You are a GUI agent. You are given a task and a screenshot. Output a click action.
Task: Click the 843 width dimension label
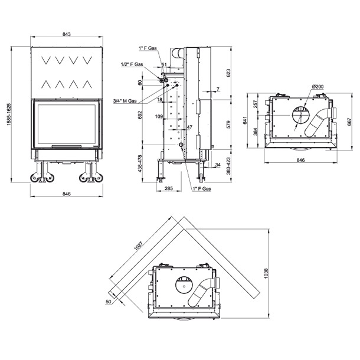[66, 34]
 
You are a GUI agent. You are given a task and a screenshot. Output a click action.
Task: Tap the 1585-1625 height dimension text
[9, 114]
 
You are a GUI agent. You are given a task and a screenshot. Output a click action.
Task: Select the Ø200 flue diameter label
[318, 87]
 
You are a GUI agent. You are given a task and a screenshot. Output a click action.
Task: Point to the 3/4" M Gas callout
[125, 101]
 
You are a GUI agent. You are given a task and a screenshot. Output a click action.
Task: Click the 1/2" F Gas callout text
[132, 64]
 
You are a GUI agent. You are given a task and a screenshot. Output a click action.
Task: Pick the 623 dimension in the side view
[228, 73]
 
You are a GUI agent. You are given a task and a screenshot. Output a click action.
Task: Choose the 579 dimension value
[228, 125]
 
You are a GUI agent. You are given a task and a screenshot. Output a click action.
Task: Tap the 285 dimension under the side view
[169, 188]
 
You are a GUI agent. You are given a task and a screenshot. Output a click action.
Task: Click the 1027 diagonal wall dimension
[139, 246]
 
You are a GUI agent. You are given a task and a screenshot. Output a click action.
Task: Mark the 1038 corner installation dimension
[266, 273]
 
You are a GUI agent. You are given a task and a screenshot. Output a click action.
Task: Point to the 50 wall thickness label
[109, 302]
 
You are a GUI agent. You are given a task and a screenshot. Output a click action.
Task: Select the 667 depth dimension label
[349, 122]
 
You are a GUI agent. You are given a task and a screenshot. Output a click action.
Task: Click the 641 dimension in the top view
[245, 120]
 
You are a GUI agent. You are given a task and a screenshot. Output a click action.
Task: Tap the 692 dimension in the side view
[140, 115]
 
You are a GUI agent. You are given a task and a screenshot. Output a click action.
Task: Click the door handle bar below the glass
[66, 146]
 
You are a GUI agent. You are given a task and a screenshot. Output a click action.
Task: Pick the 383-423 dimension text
[228, 166]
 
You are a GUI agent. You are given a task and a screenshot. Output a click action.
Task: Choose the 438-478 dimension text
[140, 164]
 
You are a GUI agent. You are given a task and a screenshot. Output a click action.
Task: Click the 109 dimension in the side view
[159, 116]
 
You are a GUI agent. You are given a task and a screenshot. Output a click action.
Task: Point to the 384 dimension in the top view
[256, 132]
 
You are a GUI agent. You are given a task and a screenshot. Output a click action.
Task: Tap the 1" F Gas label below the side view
[202, 189]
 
